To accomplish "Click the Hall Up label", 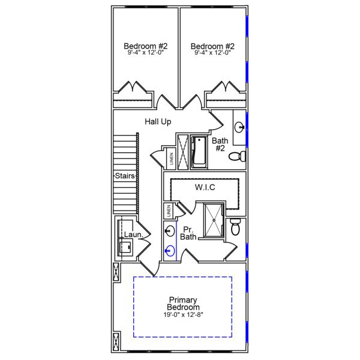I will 158,122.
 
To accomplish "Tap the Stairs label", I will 125,176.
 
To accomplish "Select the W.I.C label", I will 205,188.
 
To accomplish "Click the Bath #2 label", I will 220,145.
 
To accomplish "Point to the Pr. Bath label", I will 189,233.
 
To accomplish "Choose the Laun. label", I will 133,235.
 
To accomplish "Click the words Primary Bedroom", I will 184,304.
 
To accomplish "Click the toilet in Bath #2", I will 239,157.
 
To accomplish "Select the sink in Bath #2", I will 239,127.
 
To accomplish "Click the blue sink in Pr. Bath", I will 170,251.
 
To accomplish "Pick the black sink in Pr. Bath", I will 170,231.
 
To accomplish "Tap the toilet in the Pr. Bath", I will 236,227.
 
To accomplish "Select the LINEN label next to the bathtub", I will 172,159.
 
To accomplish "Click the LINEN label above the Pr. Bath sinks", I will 169,212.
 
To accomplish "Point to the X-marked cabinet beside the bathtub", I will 182,152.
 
